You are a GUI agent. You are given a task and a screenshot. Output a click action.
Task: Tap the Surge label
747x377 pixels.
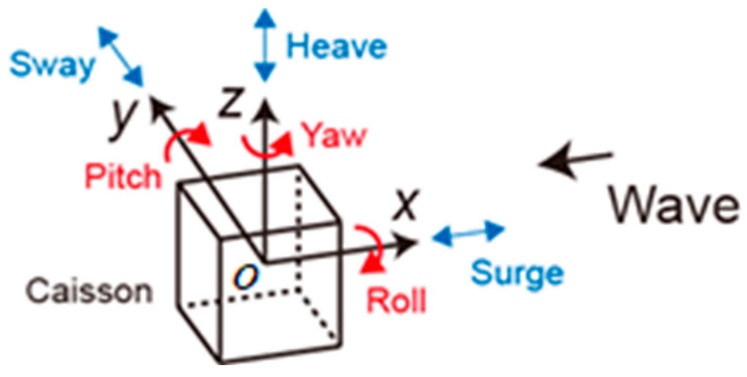pyautogui.click(x=517, y=273)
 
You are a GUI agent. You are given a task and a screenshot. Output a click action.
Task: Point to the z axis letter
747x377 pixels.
pyautogui.click(x=230, y=105)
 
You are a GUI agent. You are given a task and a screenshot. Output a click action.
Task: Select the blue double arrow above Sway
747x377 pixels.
pyautogui.click(x=120, y=56)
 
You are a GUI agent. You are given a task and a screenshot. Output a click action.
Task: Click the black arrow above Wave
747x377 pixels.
pyautogui.click(x=575, y=161)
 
